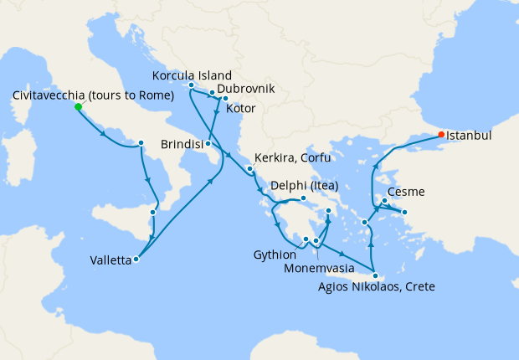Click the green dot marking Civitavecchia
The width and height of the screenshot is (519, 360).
click(x=78, y=107)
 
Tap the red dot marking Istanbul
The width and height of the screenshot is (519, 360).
click(x=440, y=134)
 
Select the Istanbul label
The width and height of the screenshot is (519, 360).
click(x=469, y=134)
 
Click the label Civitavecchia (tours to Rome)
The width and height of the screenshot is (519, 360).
click(x=94, y=95)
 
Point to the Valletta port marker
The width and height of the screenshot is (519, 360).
click(x=136, y=259)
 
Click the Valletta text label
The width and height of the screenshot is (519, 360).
click(x=110, y=260)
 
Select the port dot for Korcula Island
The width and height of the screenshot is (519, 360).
click(x=192, y=85)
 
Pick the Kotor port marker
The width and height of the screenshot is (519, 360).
click(x=225, y=99)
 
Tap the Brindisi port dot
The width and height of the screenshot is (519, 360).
click(x=208, y=144)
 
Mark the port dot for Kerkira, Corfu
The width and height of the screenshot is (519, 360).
click(x=249, y=169)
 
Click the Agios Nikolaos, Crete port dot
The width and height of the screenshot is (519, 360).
click(x=376, y=275)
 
